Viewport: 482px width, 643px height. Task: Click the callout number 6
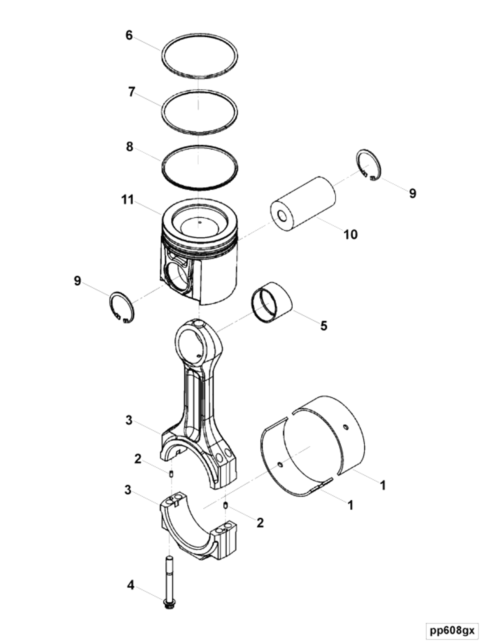pos(129,35)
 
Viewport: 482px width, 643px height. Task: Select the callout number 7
pos(131,92)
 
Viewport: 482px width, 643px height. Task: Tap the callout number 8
pos(130,146)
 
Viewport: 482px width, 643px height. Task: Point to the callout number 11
pos(128,200)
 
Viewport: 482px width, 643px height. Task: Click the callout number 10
pos(350,234)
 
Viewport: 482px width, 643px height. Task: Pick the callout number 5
pos(324,326)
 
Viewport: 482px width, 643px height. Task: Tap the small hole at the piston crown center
pos(199,223)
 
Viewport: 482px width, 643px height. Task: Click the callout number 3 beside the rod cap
pos(128,489)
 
